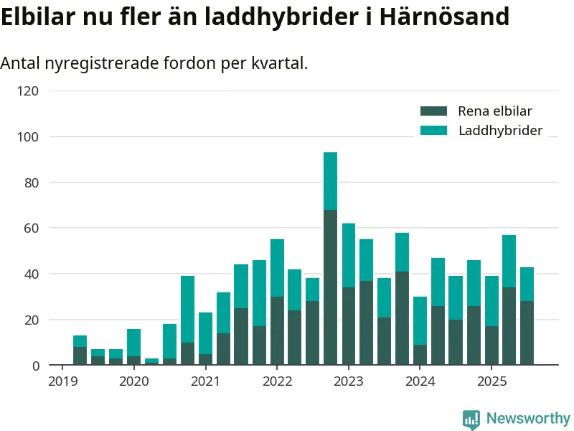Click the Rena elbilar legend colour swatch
(x=433, y=111)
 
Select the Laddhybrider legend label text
(x=500, y=131)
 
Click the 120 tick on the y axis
(x=29, y=91)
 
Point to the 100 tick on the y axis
(x=29, y=137)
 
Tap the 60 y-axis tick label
(x=32, y=228)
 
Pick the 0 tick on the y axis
(x=35, y=366)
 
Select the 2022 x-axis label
(x=277, y=381)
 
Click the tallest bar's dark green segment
(x=330, y=287)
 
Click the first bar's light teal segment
(x=80, y=341)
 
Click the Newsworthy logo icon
(x=471, y=419)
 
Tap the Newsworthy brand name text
(x=528, y=418)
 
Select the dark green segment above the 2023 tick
(x=348, y=326)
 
